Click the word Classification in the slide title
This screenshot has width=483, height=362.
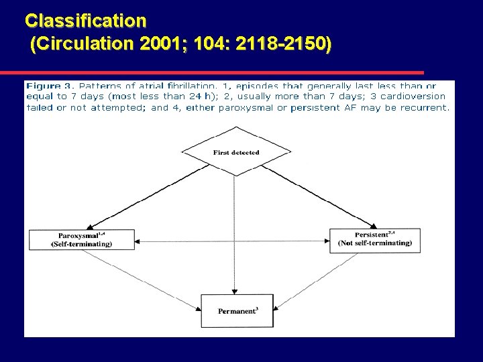(85, 21)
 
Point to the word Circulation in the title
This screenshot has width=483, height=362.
(85, 44)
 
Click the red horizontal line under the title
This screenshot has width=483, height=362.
(212, 72)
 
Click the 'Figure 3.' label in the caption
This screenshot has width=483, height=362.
(50, 86)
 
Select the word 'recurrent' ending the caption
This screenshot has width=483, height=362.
(425, 107)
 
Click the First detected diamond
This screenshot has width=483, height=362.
(236, 152)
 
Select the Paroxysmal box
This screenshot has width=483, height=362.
(82, 240)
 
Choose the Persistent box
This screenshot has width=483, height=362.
(375, 239)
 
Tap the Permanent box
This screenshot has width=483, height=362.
(237, 311)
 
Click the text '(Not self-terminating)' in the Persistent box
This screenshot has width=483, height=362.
(376, 243)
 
